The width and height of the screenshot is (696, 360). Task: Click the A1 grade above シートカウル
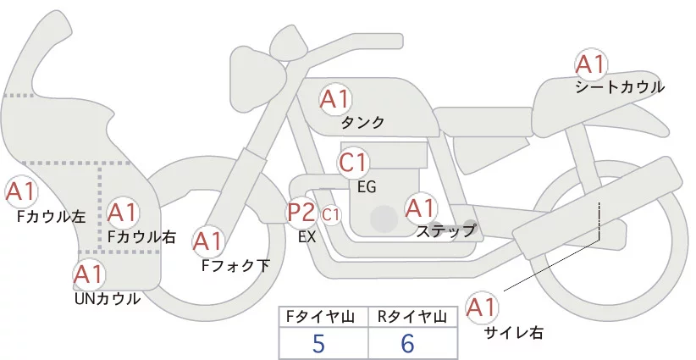(590, 64)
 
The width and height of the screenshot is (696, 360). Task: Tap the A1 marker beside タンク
(334, 99)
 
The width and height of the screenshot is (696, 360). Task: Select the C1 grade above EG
(353, 161)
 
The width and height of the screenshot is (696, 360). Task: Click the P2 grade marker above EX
(301, 212)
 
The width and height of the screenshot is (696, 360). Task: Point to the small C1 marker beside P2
(330, 215)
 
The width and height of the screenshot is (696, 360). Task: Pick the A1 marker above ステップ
(420, 208)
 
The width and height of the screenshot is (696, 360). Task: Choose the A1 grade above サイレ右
(483, 307)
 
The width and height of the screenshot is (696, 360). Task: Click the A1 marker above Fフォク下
(207, 242)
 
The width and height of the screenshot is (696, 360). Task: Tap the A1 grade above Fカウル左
(20, 192)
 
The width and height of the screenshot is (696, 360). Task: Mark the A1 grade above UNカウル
(88, 274)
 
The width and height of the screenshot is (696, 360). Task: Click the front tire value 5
(318, 344)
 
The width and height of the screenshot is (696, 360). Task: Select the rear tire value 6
(408, 344)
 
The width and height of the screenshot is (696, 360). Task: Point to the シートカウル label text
(620, 86)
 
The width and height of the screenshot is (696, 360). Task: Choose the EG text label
(367, 186)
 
